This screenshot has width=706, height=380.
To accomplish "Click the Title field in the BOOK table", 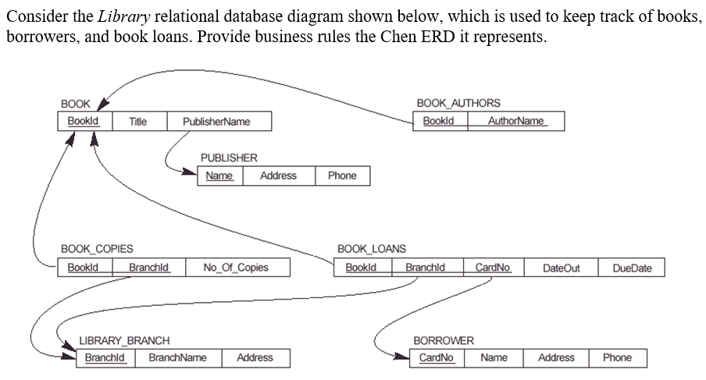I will pyautogui.click(x=137, y=122).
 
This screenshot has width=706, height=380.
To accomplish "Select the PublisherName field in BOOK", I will pyautogui.click(x=216, y=122).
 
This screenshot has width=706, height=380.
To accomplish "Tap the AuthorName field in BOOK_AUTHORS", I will pyautogui.click(x=515, y=121).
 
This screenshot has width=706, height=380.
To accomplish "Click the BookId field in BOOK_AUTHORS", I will pyautogui.click(x=439, y=121).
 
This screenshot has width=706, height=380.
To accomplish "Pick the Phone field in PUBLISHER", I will pyautogui.click(x=342, y=176).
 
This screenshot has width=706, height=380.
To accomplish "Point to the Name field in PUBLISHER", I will pyautogui.click(x=219, y=176).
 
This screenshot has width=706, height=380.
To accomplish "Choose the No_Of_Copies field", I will pyautogui.click(x=235, y=268).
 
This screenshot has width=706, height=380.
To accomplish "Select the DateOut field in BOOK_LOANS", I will pyautogui.click(x=561, y=268).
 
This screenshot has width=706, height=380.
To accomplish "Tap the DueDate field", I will pyautogui.click(x=632, y=268).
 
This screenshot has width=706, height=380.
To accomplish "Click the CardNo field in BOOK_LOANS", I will pyautogui.click(x=493, y=268).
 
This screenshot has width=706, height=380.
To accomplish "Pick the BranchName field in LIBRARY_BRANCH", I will pyautogui.click(x=177, y=357).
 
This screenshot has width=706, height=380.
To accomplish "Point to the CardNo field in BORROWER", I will pyautogui.click(x=436, y=357).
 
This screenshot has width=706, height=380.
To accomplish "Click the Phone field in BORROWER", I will pyautogui.click(x=617, y=357).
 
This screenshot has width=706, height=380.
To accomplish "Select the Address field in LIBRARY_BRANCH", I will pyautogui.click(x=255, y=357).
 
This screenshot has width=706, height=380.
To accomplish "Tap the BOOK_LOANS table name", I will pyautogui.click(x=372, y=249).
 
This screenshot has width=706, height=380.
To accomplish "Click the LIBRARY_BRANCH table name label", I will pyautogui.click(x=124, y=341).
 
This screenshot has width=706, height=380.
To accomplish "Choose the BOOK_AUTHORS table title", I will pyautogui.click(x=458, y=103).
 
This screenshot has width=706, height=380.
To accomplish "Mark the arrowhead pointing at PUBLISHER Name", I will pyautogui.click(x=192, y=175).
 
